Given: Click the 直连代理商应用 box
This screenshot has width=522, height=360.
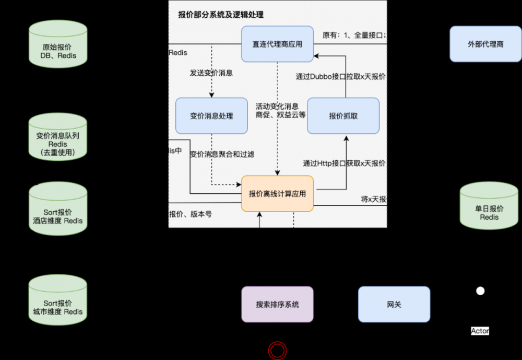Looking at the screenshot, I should click(x=277, y=44).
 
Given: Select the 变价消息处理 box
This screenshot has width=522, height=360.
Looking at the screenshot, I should click(x=211, y=115).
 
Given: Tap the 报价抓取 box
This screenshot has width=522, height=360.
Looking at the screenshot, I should click(x=343, y=115).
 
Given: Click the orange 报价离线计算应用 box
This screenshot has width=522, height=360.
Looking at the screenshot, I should click(x=277, y=193).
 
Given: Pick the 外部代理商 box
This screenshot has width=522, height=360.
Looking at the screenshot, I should click(x=485, y=44).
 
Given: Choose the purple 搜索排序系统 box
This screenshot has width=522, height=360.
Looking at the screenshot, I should click(x=277, y=304).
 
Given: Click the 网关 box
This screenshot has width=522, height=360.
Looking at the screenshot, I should click(x=394, y=304).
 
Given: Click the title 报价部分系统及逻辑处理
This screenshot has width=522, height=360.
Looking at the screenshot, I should click(x=221, y=15).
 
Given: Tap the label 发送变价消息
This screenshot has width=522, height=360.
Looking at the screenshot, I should click(x=211, y=73).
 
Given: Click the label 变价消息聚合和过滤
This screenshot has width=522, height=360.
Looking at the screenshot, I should click(x=222, y=154).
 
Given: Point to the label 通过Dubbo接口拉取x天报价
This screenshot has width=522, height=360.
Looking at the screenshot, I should click(x=341, y=76).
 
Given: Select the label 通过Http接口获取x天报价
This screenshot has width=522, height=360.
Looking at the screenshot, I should click(x=344, y=163).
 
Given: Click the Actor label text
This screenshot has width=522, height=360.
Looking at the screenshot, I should click(x=480, y=331).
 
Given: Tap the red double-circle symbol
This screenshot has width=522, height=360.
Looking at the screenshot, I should click(x=277, y=350).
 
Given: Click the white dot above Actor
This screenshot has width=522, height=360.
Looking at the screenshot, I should click(x=480, y=291).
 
